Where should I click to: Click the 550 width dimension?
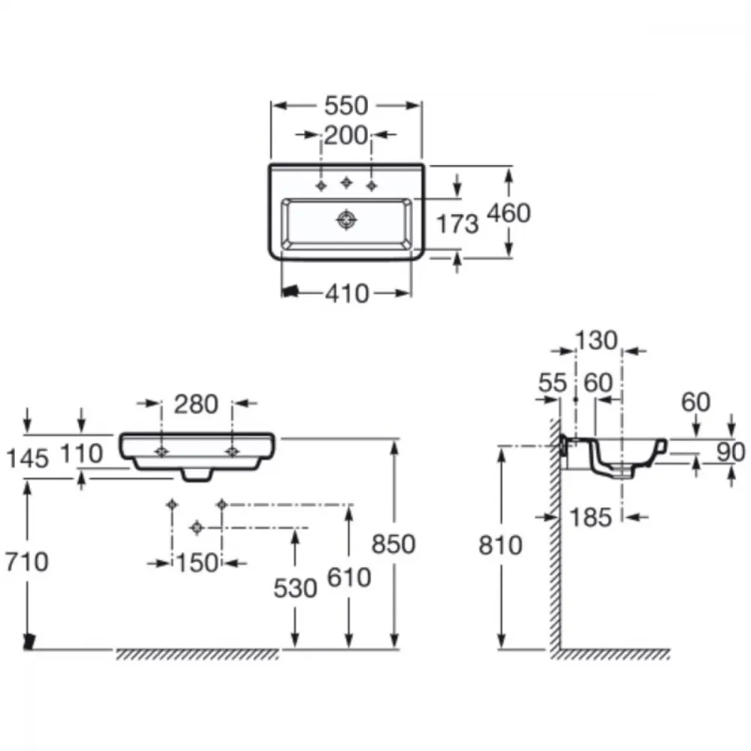point(345,106)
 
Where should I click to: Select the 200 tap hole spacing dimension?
point(345,135)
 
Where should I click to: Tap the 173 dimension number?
point(457,224)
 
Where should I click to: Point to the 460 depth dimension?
point(508,213)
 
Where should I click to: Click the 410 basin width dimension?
point(347,294)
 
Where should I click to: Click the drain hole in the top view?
point(346,220)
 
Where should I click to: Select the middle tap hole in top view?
point(346,182)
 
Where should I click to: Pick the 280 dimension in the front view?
point(196,404)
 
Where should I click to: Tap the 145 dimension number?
point(27,458)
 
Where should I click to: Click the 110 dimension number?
point(81,454)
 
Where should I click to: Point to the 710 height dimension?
point(27,561)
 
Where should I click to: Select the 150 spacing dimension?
point(198,563)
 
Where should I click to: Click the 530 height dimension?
point(295,588)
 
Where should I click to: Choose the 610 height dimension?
point(349,577)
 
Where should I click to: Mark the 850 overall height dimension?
point(394,544)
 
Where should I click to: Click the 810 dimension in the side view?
point(500,545)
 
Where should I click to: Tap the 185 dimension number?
point(590,517)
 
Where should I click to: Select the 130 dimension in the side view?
point(596,341)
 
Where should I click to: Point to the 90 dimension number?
point(731,452)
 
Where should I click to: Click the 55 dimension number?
point(553,383)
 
